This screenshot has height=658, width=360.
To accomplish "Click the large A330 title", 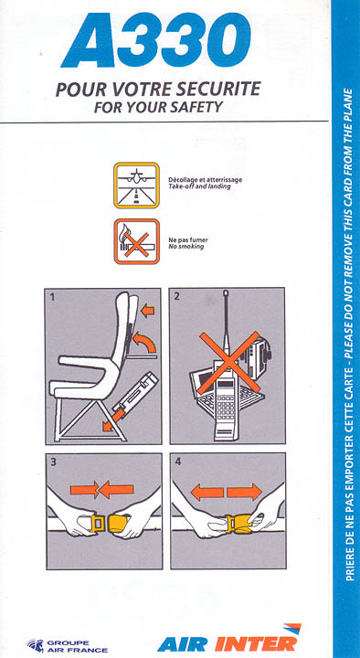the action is point(156,40).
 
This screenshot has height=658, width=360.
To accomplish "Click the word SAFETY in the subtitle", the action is point(196,108).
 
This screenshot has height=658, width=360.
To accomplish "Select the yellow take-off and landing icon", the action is point(136,185).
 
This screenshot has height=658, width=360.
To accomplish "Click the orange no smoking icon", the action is point(137,241).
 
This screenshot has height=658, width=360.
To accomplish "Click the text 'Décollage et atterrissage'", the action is point(206,180).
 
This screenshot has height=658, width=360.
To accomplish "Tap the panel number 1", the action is point(52,298).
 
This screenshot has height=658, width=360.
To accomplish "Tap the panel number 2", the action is point(176,296).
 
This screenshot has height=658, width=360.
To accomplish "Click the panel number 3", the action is point(53,462).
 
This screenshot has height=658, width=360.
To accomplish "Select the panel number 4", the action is point(178,462).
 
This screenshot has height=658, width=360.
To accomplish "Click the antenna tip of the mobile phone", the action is point(227,292).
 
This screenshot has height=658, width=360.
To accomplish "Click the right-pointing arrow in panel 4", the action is point(244,492).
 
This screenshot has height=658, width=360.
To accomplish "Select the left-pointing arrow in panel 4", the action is point(207,492).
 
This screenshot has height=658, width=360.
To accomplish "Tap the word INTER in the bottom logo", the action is point(256,642).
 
